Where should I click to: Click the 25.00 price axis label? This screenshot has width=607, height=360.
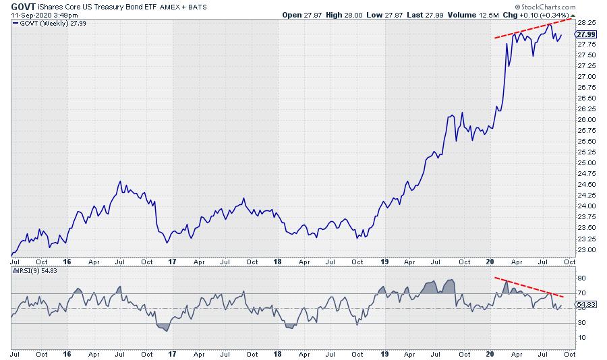pos(585,162)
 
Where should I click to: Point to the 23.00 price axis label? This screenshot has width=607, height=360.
pos(585,249)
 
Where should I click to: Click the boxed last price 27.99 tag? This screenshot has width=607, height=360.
pos(587,34)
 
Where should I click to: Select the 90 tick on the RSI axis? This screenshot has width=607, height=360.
pos(581,277)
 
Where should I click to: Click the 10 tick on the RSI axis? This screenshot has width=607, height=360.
pos(581,337)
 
